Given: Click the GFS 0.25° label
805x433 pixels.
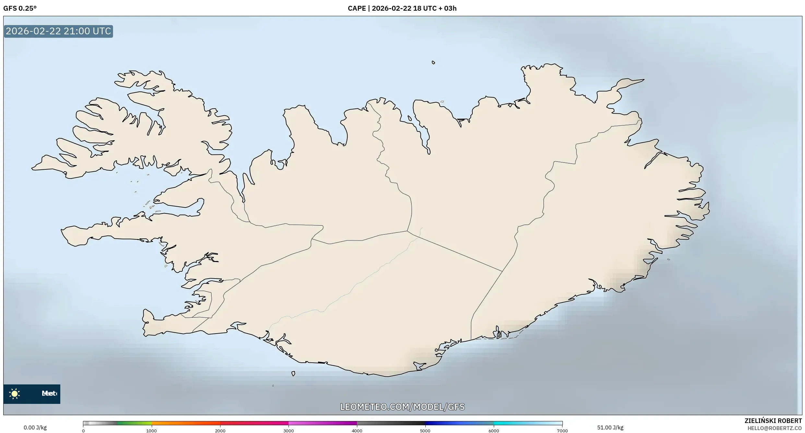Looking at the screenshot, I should coord(20,8).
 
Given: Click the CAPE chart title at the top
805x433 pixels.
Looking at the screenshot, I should coord(402,8).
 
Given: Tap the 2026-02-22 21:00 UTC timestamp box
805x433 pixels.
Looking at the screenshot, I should coord(58,31).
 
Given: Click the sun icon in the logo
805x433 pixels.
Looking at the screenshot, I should coord(15,393).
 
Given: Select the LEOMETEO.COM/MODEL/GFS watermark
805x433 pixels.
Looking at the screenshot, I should coord(402,407).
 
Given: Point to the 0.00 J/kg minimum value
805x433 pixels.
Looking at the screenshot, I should coord(35,427).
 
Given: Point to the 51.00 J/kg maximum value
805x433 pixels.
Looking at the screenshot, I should coord(610,427).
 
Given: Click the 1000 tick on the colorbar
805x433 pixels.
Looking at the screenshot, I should coord(151,431).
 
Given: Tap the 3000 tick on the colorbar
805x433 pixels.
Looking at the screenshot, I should coord(289,431).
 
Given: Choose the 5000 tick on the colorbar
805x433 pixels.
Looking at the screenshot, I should coord(425,431).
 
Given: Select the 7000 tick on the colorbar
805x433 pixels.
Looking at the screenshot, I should coord(562,431).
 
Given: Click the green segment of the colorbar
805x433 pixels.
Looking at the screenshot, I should coord(135,423).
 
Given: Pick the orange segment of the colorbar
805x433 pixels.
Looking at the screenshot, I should coord(185,423).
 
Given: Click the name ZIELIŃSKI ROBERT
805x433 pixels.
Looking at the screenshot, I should coord(773,421).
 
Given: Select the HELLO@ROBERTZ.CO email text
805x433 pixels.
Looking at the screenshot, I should coord(775,428).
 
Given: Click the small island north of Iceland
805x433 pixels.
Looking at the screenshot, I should coord(433,63).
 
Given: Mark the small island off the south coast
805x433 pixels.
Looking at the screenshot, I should coord(293,373).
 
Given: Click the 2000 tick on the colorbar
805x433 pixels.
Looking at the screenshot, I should coord(220,431).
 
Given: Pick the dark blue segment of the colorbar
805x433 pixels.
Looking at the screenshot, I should coord(438,423).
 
